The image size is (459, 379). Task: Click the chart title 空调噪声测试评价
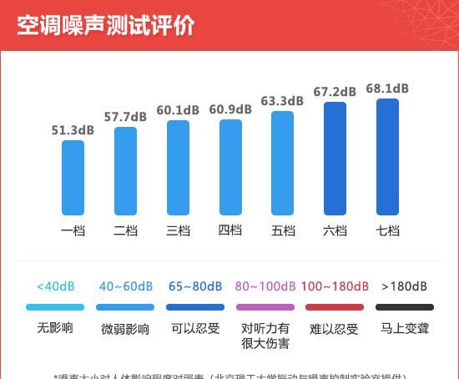point(106,25)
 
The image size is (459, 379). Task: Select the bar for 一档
point(73,177)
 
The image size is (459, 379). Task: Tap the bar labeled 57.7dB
point(125,171)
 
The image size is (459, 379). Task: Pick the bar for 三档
point(178,168)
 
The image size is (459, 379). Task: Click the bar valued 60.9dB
point(230,167)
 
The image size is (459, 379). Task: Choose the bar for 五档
point(283,164)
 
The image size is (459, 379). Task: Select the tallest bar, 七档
point(387,156)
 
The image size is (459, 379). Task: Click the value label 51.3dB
point(73,130)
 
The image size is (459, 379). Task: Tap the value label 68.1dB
point(387,88)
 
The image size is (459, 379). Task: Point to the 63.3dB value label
point(282,102)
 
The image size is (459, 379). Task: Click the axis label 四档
point(230,230)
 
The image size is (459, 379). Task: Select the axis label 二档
point(125,230)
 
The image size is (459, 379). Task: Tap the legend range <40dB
point(56,286)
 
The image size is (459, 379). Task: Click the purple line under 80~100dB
point(265,307)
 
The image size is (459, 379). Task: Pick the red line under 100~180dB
point(334,307)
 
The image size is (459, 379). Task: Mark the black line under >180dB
point(405,307)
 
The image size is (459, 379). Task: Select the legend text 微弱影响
point(125,328)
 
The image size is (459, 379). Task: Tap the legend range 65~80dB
point(195,286)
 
